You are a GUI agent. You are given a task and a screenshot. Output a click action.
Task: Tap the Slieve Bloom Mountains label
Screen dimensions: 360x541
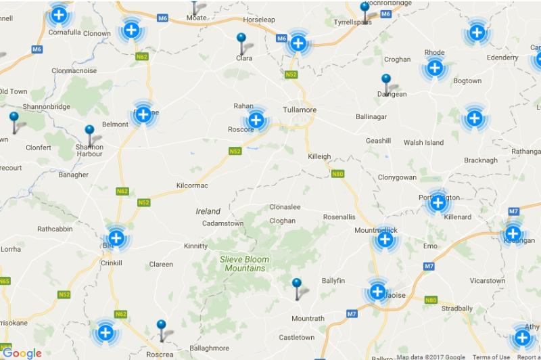pyautogui.click(x=244, y=263)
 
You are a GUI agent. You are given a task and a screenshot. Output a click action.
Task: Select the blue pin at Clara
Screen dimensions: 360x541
pyautogui.click(x=241, y=40)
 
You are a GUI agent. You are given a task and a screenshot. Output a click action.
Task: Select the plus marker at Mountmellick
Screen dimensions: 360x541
pyautogui.click(x=385, y=239)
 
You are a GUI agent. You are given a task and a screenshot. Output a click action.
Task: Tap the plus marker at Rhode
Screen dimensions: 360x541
pyautogui.click(x=434, y=68)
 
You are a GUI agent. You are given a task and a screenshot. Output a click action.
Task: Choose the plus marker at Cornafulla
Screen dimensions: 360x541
pyautogui.click(x=60, y=14)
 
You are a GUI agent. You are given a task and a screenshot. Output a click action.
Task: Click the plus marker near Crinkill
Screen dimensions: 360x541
pyautogui.click(x=116, y=238)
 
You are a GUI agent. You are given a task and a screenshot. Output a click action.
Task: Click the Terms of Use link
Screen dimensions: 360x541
pyautogui.click(x=491, y=357)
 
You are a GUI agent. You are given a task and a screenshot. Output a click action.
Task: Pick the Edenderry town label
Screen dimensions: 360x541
pyautogui.click(x=502, y=58)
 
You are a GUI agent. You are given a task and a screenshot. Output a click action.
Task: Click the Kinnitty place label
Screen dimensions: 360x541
pyautogui.click(x=195, y=246)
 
